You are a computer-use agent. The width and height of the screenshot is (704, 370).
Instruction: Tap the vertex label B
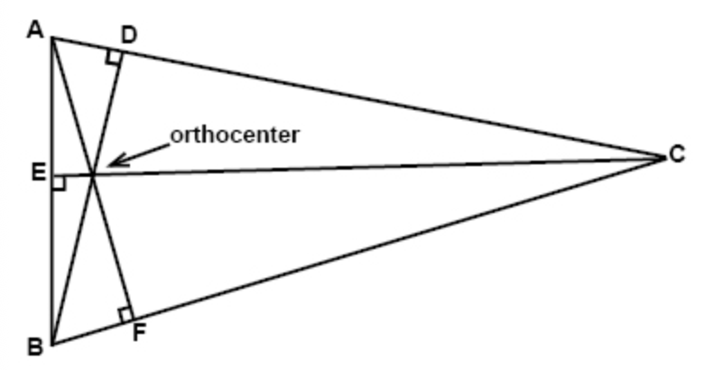pos(35,346)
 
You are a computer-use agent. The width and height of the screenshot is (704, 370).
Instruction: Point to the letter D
pos(129,36)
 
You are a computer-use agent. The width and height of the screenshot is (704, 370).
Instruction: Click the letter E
pos(37,171)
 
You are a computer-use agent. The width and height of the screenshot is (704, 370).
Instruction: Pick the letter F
pos(139,331)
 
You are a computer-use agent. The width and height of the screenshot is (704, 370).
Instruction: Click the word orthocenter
pos(235,135)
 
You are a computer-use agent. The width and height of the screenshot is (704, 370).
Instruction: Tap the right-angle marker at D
pos(114,59)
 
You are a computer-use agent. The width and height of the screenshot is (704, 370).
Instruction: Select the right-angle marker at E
pos(59,181)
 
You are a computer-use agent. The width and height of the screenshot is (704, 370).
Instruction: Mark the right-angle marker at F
pos(125,314)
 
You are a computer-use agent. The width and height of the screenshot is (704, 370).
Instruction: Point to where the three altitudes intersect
pos(92,173)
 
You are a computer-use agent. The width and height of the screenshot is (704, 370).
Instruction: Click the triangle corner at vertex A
pos(52,38)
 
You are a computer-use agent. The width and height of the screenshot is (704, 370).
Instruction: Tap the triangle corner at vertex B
pos(52,344)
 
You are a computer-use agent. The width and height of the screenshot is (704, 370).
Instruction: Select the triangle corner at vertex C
pos(663,159)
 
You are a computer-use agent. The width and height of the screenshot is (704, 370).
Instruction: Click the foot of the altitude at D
pos(119,52)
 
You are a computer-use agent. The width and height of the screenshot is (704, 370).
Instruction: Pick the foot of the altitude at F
pos(132,322)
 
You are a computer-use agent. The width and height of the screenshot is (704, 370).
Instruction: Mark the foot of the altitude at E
pos(52,176)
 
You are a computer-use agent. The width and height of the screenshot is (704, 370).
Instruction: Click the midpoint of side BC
pos(357,252)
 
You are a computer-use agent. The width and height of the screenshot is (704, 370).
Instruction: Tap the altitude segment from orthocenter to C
pos(379,166)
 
